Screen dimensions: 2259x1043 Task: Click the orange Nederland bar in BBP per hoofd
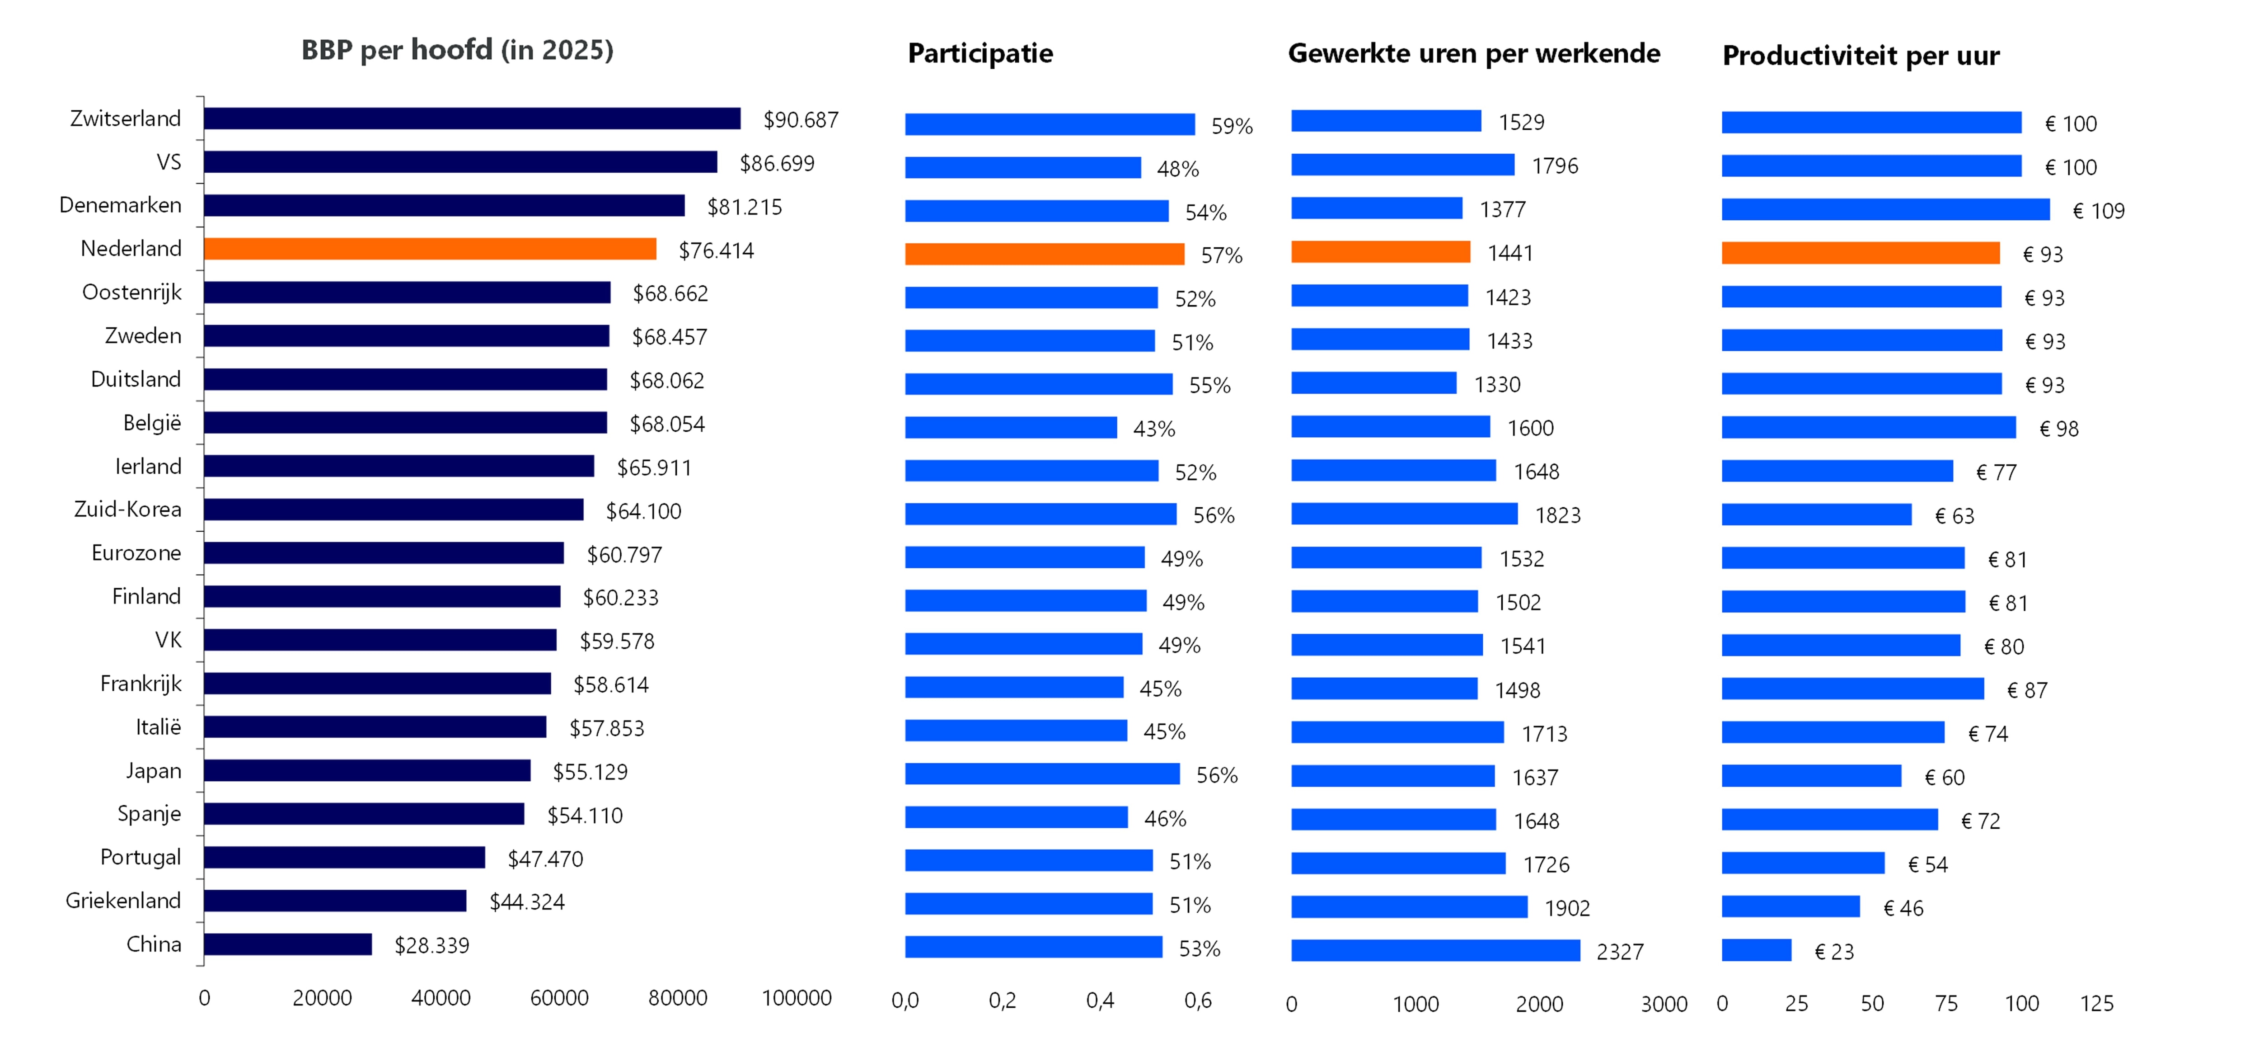point(430,249)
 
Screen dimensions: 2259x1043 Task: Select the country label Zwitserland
point(126,118)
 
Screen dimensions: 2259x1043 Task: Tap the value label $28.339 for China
point(431,945)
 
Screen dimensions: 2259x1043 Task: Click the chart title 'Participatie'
point(980,53)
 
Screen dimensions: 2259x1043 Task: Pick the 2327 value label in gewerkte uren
point(1620,952)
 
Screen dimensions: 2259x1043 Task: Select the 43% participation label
point(1154,429)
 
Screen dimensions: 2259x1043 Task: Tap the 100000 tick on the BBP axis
point(796,998)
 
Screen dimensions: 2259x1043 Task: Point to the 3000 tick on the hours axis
point(1664,1005)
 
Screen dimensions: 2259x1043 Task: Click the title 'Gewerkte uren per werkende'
point(1473,53)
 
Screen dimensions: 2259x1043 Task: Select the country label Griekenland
point(124,901)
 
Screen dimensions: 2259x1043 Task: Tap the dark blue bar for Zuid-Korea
point(394,510)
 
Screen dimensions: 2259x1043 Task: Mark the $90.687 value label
point(801,120)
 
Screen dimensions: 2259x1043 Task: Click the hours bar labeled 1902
point(1409,907)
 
